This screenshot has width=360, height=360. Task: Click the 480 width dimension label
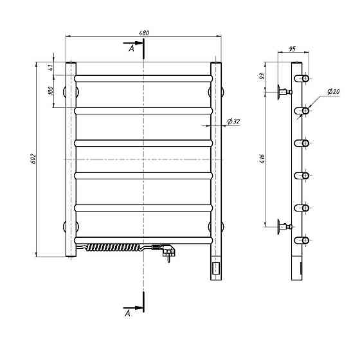[144, 33]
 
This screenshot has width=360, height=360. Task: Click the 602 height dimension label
[33, 159]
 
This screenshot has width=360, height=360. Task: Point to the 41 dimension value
[51, 67]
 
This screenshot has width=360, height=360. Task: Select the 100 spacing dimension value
[51, 91]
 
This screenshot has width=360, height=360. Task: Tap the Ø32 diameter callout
[234, 121]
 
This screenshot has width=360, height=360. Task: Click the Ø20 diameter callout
[333, 91]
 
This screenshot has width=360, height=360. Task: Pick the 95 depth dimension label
[292, 49]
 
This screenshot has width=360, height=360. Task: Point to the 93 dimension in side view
[262, 76]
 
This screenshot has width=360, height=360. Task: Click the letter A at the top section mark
[131, 48]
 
